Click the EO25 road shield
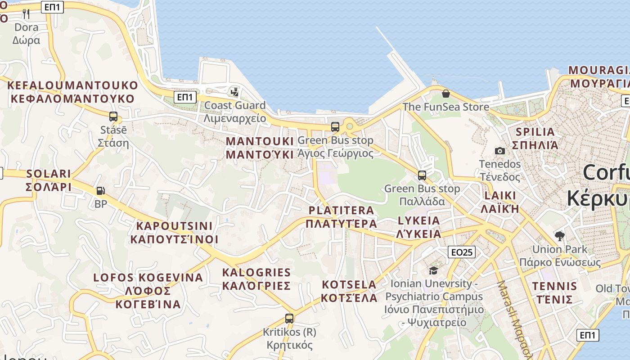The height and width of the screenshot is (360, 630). coord(462,252)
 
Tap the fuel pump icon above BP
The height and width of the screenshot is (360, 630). coord(100,191)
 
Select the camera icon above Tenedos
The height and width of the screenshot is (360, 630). coord(499,151)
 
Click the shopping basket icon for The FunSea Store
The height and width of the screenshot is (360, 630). coord(445,94)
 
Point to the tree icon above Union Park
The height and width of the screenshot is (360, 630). coord(560,236)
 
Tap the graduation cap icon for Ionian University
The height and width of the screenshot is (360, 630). coord(433,270)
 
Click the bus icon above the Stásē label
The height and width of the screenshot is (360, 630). coord(113,117)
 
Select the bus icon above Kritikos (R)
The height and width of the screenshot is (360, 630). coord(289,318)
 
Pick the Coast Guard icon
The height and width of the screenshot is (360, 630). coord(234,92)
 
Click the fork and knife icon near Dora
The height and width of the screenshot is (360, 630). coord(26,14)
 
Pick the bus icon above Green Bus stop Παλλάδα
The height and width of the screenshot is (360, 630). coord(422,175)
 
